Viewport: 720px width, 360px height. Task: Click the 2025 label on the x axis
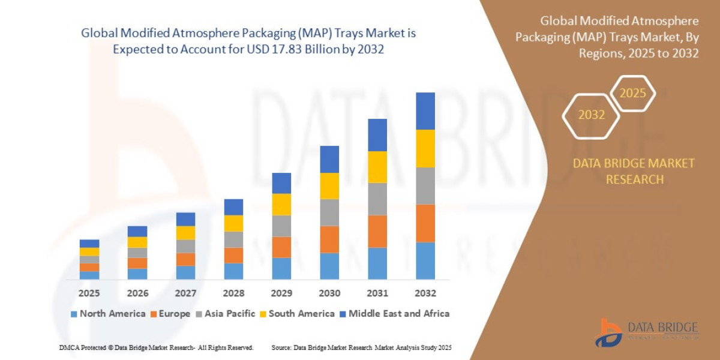point(89,293)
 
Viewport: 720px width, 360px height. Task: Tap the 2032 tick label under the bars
point(425,293)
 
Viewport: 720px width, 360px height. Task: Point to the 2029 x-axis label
point(281,293)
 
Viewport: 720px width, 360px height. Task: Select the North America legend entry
point(108,313)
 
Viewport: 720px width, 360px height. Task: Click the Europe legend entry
point(170,313)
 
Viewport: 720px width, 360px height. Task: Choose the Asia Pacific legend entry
point(226,313)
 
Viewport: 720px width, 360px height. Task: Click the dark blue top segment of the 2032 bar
point(425,111)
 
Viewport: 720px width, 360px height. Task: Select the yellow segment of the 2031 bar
point(377,167)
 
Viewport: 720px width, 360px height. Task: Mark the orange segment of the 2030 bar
point(329,239)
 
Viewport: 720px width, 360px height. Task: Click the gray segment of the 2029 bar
point(281,226)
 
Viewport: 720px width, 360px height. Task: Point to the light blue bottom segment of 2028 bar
point(233,271)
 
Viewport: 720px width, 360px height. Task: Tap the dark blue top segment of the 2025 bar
point(89,244)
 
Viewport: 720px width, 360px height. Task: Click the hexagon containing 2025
point(632,94)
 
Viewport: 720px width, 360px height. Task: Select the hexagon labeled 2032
point(591,115)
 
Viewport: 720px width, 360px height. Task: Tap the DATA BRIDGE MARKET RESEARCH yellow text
point(634,171)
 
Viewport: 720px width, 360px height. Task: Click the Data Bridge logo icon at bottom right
point(608,332)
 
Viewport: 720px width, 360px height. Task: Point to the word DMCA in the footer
point(70,347)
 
